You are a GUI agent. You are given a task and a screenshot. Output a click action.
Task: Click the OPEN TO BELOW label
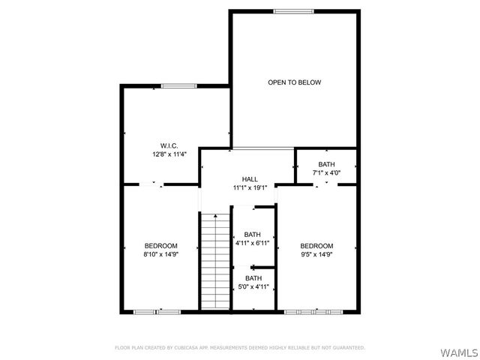coord(294,82)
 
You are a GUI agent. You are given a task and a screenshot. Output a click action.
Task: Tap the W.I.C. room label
coord(168,145)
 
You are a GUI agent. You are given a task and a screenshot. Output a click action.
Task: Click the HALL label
coord(250,179)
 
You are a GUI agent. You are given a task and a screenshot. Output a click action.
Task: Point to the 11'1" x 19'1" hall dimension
coord(250,188)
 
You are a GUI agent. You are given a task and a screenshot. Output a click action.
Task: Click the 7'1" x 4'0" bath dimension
coord(326,173)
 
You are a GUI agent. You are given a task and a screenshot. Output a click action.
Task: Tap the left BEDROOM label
coord(161,246)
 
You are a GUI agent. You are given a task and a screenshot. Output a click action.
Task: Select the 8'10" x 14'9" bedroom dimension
coord(161,255)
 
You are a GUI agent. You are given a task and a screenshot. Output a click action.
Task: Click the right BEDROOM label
coord(316,246)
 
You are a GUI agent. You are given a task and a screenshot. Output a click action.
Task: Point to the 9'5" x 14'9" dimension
coord(316,255)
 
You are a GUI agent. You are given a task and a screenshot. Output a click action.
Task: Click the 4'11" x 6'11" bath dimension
coord(253,243)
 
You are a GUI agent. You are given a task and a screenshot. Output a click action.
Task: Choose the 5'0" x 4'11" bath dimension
coord(253,286)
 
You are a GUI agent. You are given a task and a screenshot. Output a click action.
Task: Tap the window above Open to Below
coord(292,11)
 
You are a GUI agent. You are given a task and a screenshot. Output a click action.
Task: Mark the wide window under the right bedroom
coord(315,311)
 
